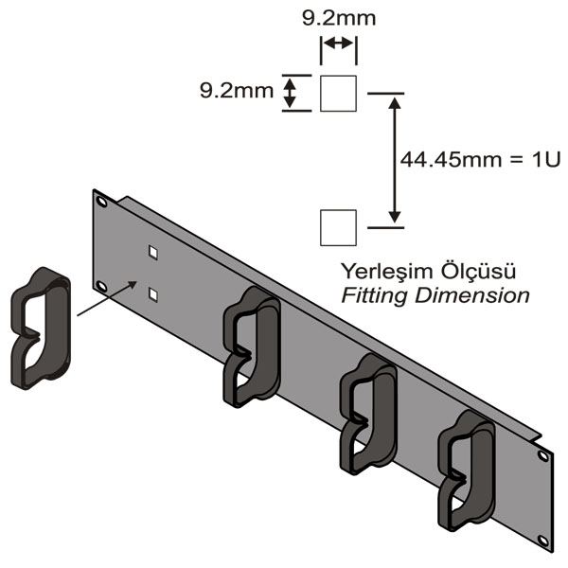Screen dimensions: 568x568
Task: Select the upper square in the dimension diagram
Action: click(x=339, y=93)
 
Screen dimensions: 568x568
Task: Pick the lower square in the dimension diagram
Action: click(x=339, y=227)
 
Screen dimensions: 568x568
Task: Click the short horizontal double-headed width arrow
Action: click(x=339, y=44)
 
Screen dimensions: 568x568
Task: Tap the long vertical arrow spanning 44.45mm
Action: click(x=396, y=159)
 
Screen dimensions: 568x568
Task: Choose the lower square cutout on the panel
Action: click(x=152, y=294)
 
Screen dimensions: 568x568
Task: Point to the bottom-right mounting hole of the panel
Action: click(x=543, y=541)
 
